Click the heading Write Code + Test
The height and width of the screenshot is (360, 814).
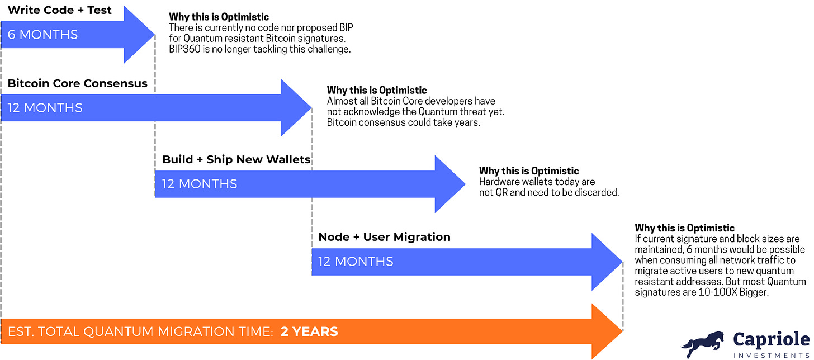(x=59, y=10)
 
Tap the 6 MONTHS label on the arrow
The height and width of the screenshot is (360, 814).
(x=42, y=35)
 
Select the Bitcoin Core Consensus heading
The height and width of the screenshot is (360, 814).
(x=77, y=83)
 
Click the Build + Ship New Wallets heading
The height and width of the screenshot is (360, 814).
(x=236, y=159)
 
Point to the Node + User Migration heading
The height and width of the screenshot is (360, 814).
(x=385, y=237)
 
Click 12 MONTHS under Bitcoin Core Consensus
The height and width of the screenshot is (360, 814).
(x=45, y=108)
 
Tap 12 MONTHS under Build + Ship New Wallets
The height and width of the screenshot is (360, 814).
(x=200, y=184)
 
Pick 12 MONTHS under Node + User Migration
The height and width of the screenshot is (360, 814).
(x=356, y=262)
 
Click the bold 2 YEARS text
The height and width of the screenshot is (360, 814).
(x=309, y=331)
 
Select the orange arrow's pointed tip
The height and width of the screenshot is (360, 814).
(x=622, y=331)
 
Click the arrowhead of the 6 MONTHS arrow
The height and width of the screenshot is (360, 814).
(x=140, y=35)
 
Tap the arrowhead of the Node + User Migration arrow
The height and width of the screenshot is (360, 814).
(x=607, y=262)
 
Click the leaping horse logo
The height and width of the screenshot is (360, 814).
(x=702, y=344)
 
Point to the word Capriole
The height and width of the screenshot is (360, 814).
(x=771, y=340)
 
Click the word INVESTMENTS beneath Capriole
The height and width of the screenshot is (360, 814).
(x=771, y=356)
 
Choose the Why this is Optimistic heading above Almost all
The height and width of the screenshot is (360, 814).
(x=376, y=90)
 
